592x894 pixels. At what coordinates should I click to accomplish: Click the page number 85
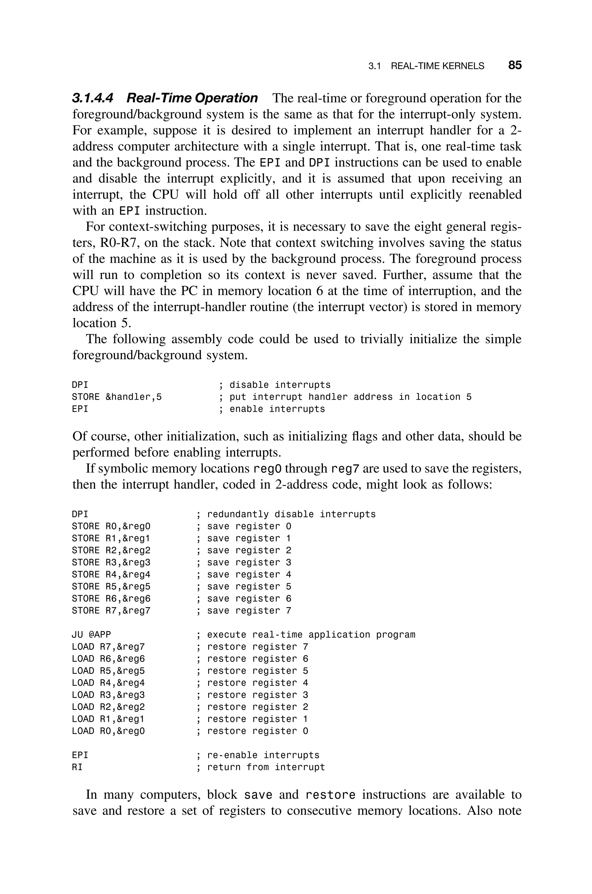tap(515, 65)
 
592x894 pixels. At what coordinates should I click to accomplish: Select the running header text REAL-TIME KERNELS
tap(437, 66)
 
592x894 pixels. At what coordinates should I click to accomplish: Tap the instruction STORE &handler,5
tap(117, 397)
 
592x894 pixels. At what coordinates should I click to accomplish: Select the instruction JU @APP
tap(91, 634)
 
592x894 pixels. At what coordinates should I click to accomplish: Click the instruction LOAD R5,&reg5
tap(108, 670)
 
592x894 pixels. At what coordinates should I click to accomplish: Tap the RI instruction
tap(77, 767)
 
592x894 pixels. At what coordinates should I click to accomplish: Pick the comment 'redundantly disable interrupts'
tap(291, 514)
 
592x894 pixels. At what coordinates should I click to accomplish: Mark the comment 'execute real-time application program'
tap(311, 634)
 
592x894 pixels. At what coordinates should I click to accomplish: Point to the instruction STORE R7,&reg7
tap(111, 610)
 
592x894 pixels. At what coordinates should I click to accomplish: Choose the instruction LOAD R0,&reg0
tap(108, 731)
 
